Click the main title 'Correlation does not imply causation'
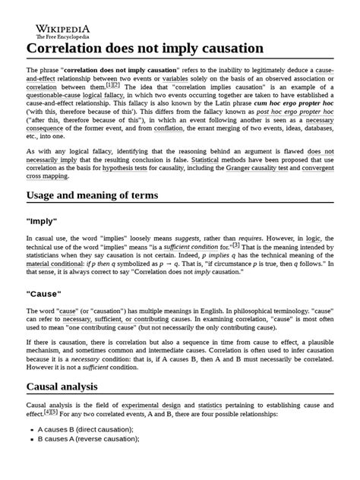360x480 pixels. (x=145, y=49)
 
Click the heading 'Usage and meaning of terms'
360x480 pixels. (x=103, y=195)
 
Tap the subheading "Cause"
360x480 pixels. (x=46, y=293)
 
